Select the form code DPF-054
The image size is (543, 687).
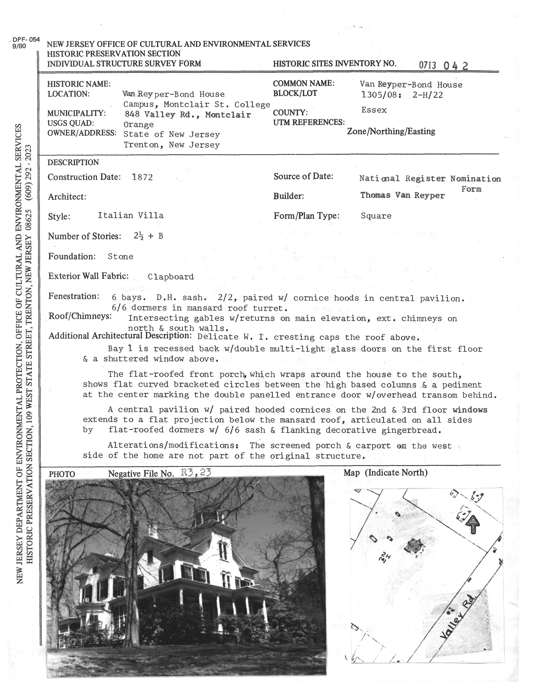coord(26,40)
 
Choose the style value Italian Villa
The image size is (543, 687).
coord(131,215)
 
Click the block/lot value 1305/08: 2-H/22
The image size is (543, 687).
coord(402,95)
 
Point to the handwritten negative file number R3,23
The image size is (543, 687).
coord(196,472)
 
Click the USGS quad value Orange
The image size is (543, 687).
coord(139,124)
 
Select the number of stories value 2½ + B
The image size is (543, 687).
coord(148,236)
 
